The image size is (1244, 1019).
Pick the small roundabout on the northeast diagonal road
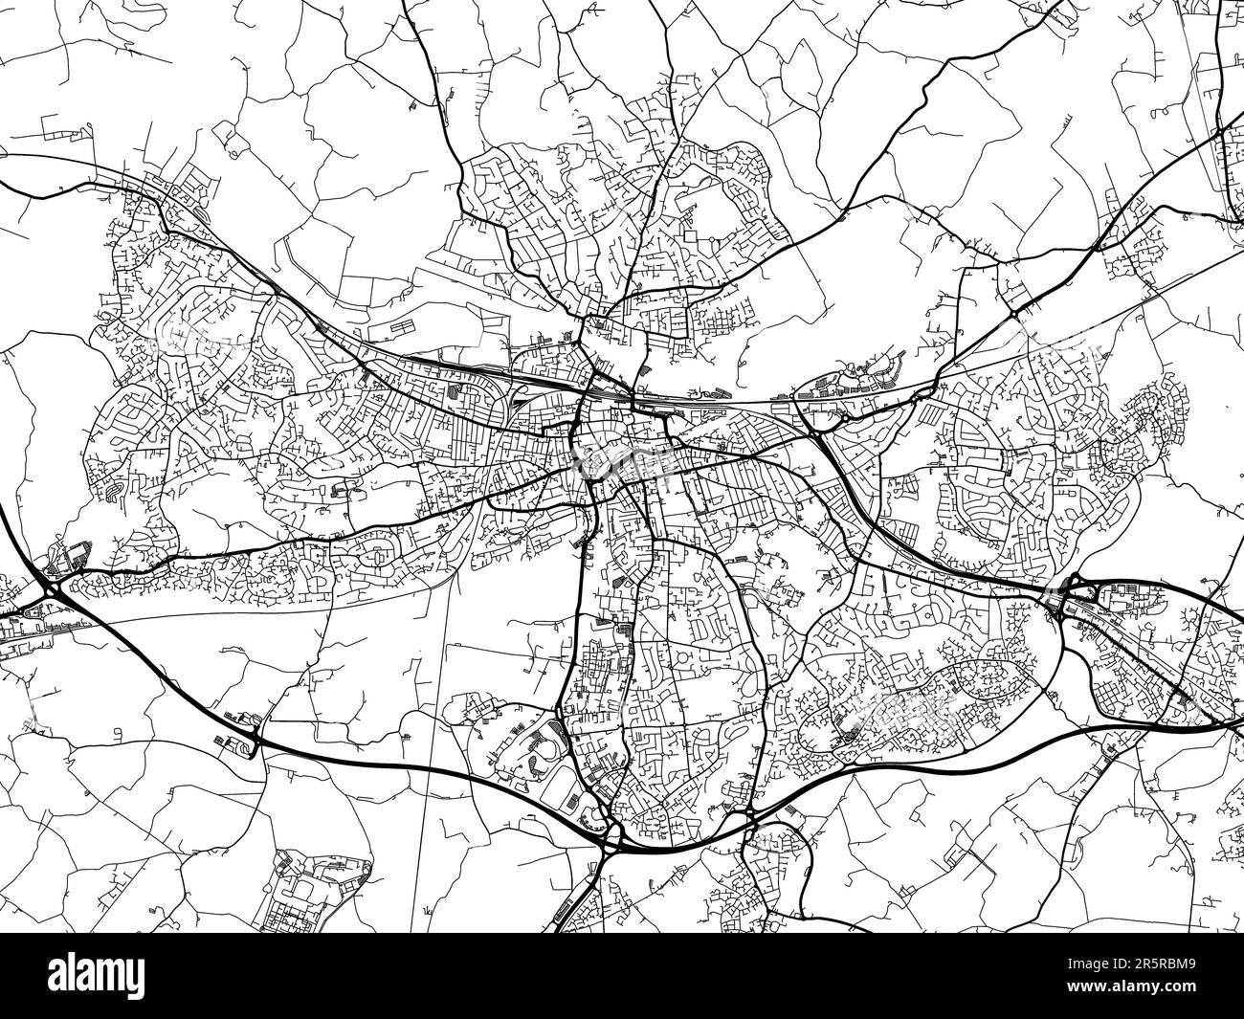[1012, 313]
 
